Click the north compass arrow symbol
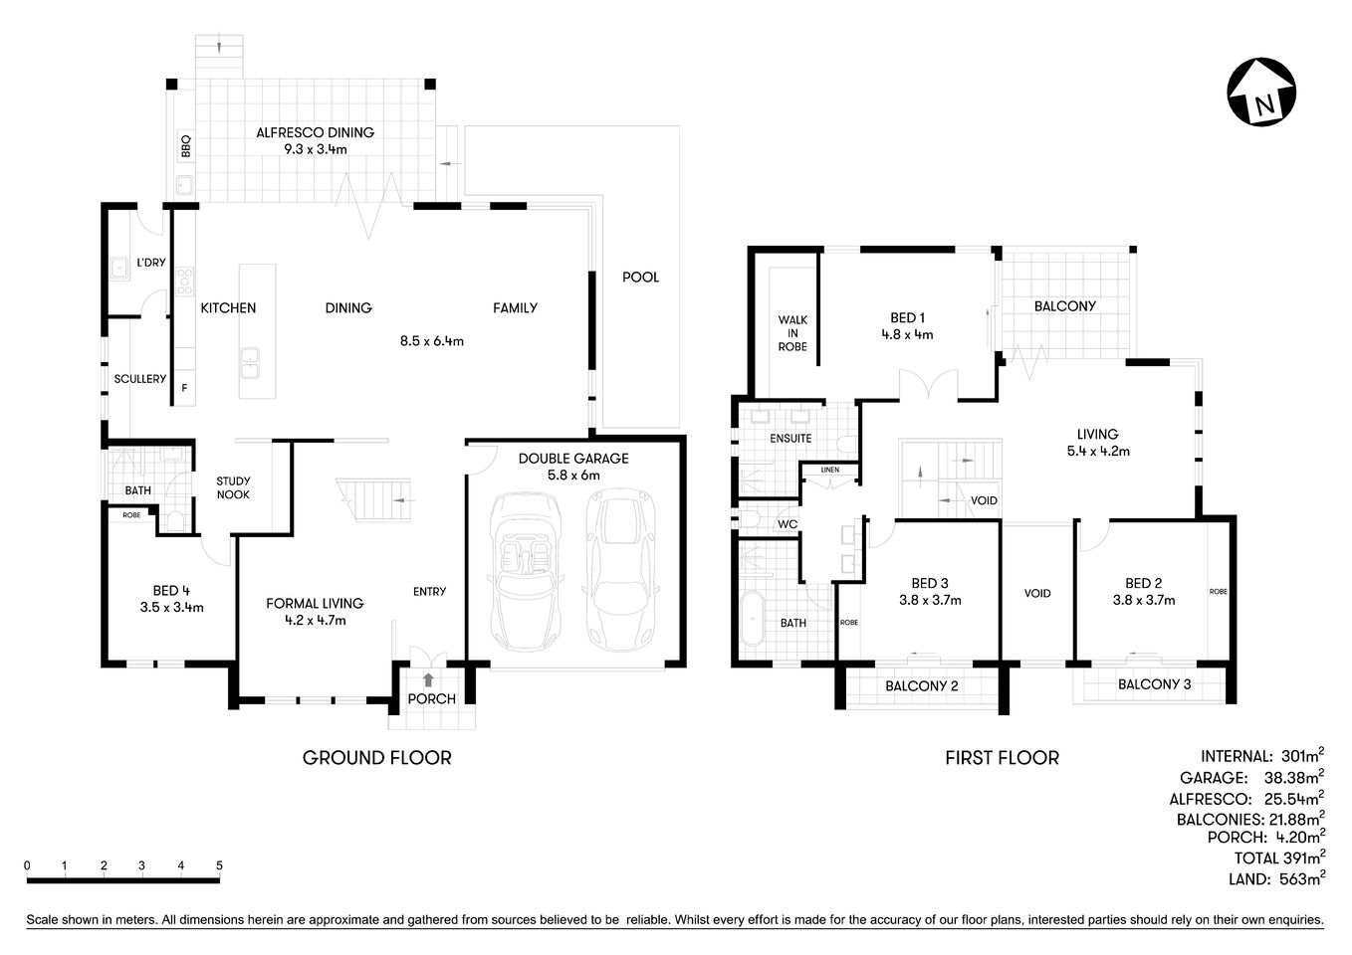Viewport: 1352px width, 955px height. (x=1261, y=95)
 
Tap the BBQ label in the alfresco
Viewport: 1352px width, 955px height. (x=185, y=146)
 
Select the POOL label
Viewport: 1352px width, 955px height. (x=640, y=278)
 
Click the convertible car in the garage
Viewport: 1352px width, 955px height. (x=525, y=569)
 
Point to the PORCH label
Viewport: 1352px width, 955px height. (x=432, y=698)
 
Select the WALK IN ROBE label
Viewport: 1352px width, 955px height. (x=792, y=333)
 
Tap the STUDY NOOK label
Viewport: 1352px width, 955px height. (x=234, y=487)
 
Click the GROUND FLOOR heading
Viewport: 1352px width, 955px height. (x=376, y=758)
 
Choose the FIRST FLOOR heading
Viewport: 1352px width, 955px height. (x=1001, y=758)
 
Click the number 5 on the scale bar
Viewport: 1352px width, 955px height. (x=219, y=865)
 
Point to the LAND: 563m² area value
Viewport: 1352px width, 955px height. (x=1275, y=878)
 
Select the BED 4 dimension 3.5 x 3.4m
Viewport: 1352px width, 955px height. (x=172, y=607)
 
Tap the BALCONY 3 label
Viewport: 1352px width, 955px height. (x=1153, y=684)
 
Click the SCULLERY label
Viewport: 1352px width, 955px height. (x=139, y=379)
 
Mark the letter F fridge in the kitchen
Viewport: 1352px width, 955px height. (x=183, y=387)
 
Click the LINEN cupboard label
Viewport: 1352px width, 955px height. (x=829, y=470)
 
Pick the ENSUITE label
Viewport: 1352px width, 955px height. (x=790, y=438)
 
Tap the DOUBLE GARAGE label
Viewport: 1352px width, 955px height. (x=573, y=459)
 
